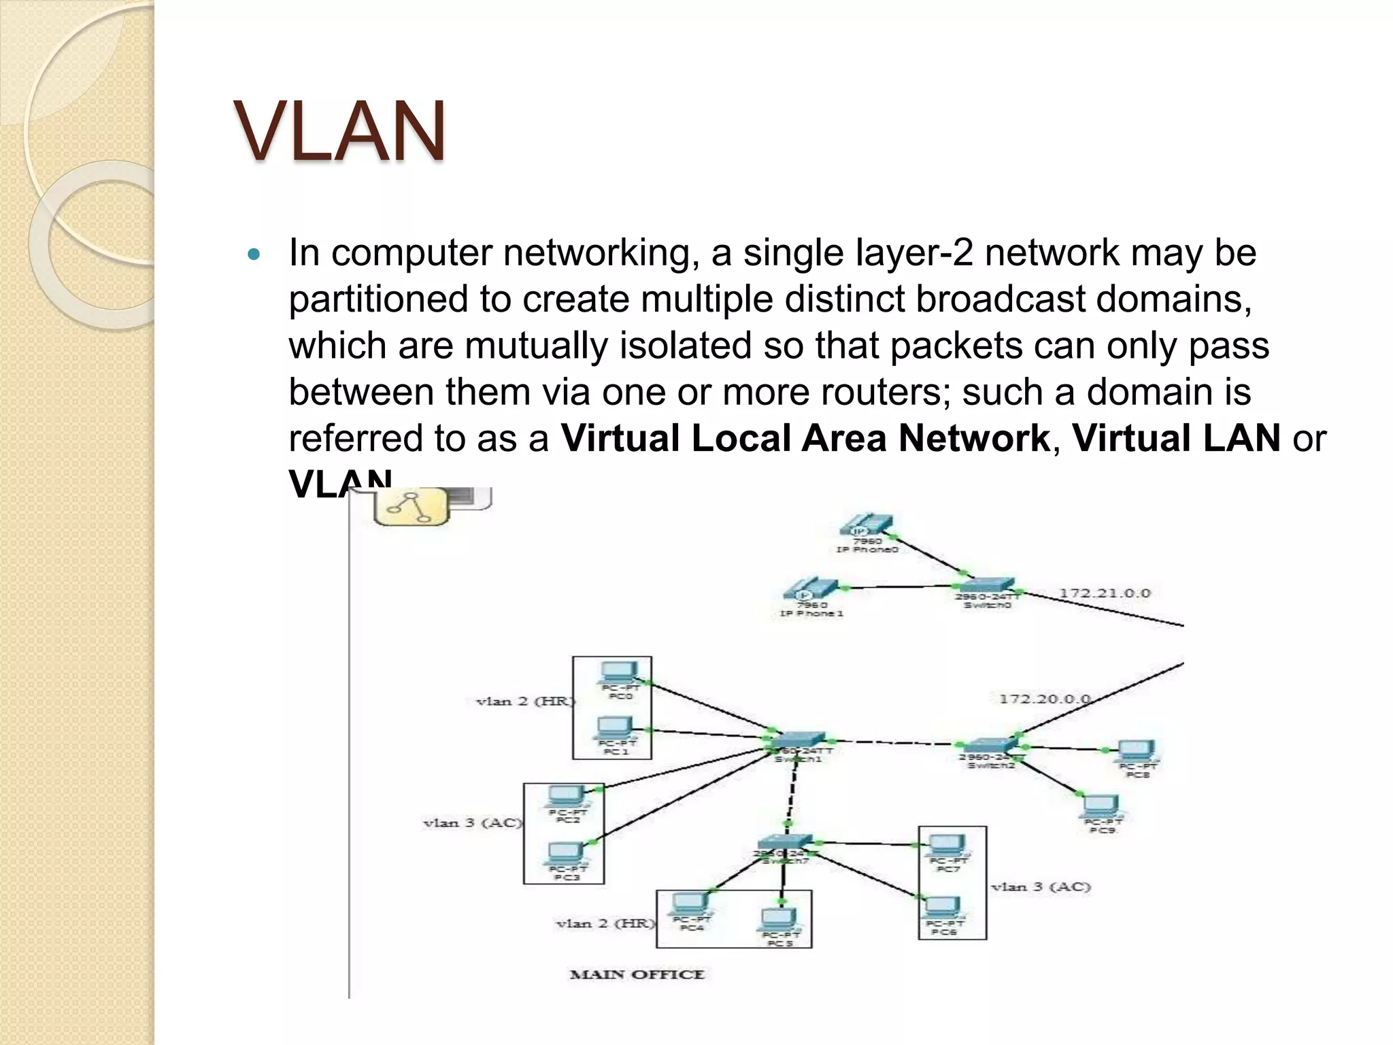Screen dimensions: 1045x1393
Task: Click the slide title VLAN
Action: (x=340, y=131)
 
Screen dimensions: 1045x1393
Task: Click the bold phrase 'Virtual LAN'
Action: (x=1176, y=438)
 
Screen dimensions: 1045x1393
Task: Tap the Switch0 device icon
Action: (x=987, y=585)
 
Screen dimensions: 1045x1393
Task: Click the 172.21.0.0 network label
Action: (x=1105, y=593)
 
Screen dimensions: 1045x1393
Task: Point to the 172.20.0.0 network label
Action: (x=1044, y=699)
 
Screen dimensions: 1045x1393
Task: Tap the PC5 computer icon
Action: (x=779, y=920)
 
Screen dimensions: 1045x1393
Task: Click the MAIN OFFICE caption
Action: (x=637, y=974)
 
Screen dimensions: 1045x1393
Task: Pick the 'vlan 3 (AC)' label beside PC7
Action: (x=1041, y=887)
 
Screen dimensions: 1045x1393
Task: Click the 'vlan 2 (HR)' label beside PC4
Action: (x=605, y=924)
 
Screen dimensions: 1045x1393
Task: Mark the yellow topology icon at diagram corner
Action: (x=412, y=507)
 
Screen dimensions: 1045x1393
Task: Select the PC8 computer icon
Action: (x=1137, y=752)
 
